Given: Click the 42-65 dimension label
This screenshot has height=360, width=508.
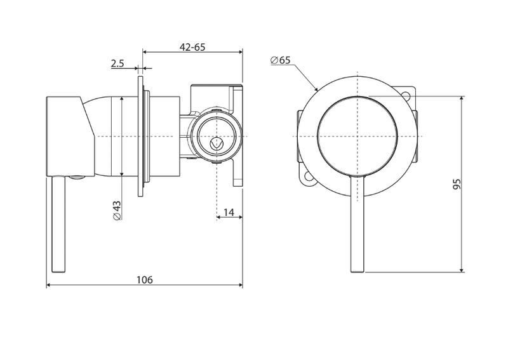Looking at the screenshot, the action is click(192, 47).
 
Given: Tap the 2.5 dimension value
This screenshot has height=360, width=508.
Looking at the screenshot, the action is click(117, 63).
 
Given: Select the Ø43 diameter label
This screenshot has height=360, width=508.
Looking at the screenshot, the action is click(117, 211).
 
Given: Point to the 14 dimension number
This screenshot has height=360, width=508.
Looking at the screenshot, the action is click(229, 212).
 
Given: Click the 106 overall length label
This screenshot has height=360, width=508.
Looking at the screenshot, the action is click(144, 279).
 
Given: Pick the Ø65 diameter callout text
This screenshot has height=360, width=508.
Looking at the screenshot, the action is click(280, 60).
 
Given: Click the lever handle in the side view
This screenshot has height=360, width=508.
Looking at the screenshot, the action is click(58, 224).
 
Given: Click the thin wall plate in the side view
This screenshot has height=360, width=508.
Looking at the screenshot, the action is click(140, 136).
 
